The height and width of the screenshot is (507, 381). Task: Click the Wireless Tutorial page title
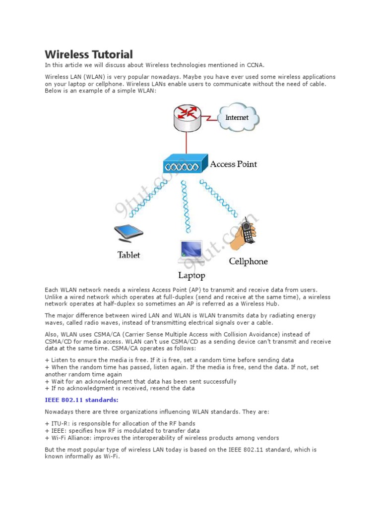(x=89, y=54)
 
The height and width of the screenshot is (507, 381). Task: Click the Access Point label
(x=234, y=164)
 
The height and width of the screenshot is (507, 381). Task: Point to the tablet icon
(x=128, y=232)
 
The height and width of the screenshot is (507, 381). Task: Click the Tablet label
(x=128, y=255)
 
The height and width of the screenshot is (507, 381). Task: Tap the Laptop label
(x=191, y=275)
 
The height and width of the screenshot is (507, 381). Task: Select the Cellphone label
(x=248, y=261)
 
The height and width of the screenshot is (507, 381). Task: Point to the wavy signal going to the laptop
(x=187, y=205)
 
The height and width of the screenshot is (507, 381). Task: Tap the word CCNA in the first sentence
(x=257, y=65)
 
